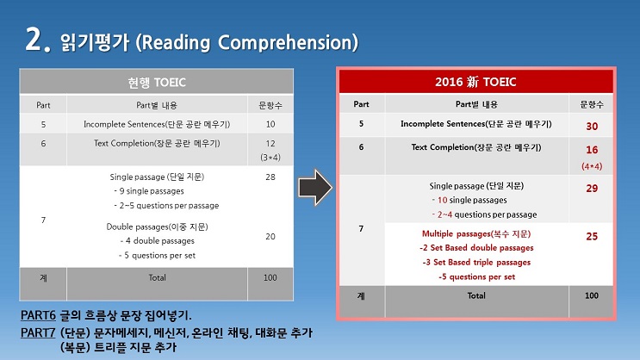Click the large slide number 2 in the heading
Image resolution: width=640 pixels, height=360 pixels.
point(34,39)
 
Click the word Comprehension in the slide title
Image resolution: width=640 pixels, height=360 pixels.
point(288,42)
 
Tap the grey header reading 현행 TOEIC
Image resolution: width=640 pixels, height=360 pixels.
point(157,83)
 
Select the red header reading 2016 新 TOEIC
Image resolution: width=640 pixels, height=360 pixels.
point(475,82)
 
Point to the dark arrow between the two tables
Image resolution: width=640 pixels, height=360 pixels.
point(315,188)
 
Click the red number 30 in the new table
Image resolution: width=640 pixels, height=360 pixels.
point(592,127)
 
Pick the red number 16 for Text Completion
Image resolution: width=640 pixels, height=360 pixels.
point(592,150)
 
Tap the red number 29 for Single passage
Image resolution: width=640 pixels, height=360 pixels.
point(592,188)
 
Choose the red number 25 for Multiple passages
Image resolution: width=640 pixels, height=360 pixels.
point(592,236)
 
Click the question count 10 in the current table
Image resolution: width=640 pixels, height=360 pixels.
point(270,124)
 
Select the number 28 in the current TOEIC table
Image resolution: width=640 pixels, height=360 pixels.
point(270,177)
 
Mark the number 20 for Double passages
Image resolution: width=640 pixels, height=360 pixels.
point(270,236)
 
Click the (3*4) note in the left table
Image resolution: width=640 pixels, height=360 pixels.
point(270,158)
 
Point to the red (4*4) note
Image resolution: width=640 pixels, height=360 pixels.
point(592,166)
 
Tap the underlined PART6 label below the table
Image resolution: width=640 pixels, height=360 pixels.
point(38,315)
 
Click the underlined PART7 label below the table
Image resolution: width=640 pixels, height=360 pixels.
point(38,333)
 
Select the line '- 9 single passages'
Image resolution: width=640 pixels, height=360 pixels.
point(149,191)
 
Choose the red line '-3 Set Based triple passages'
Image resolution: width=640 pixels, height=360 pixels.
point(476,263)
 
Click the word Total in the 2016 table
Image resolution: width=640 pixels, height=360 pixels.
point(476,295)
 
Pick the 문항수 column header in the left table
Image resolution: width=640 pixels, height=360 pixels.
point(270,105)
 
